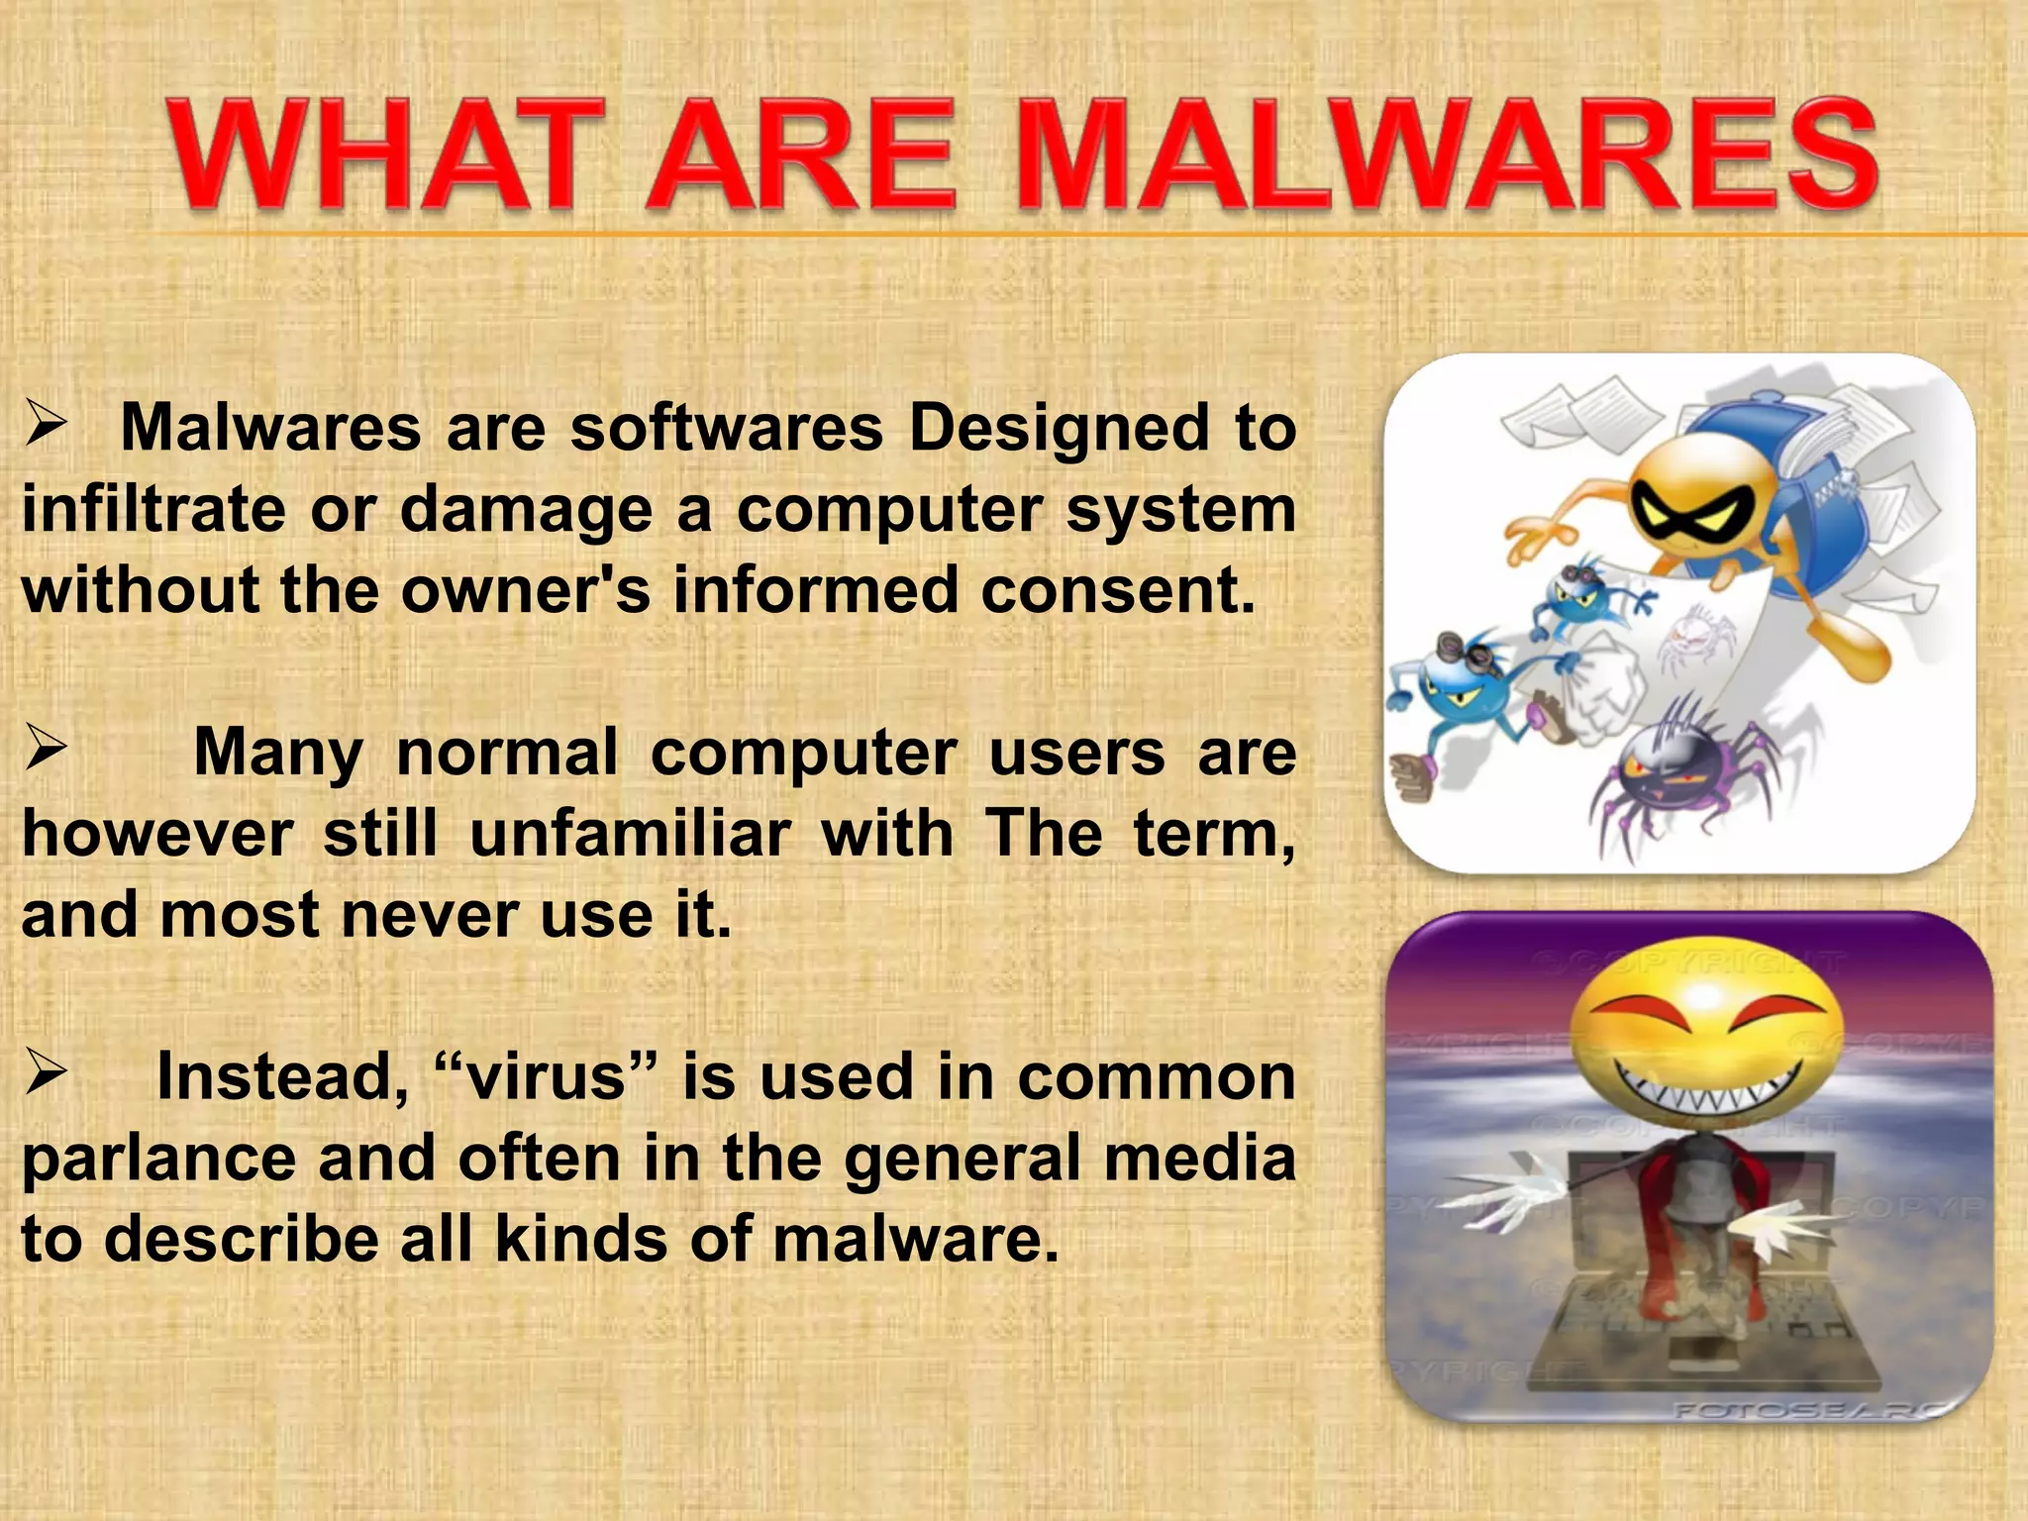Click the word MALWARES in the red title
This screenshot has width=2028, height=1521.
pos(1446,156)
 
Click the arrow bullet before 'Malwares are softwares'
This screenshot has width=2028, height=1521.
pos(46,426)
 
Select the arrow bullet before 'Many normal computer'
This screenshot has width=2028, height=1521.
pos(46,750)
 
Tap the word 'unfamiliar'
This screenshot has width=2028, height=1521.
pos(630,833)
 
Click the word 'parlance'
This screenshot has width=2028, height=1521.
pos(158,1159)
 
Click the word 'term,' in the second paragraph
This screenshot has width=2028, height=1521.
pos(1214,833)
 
